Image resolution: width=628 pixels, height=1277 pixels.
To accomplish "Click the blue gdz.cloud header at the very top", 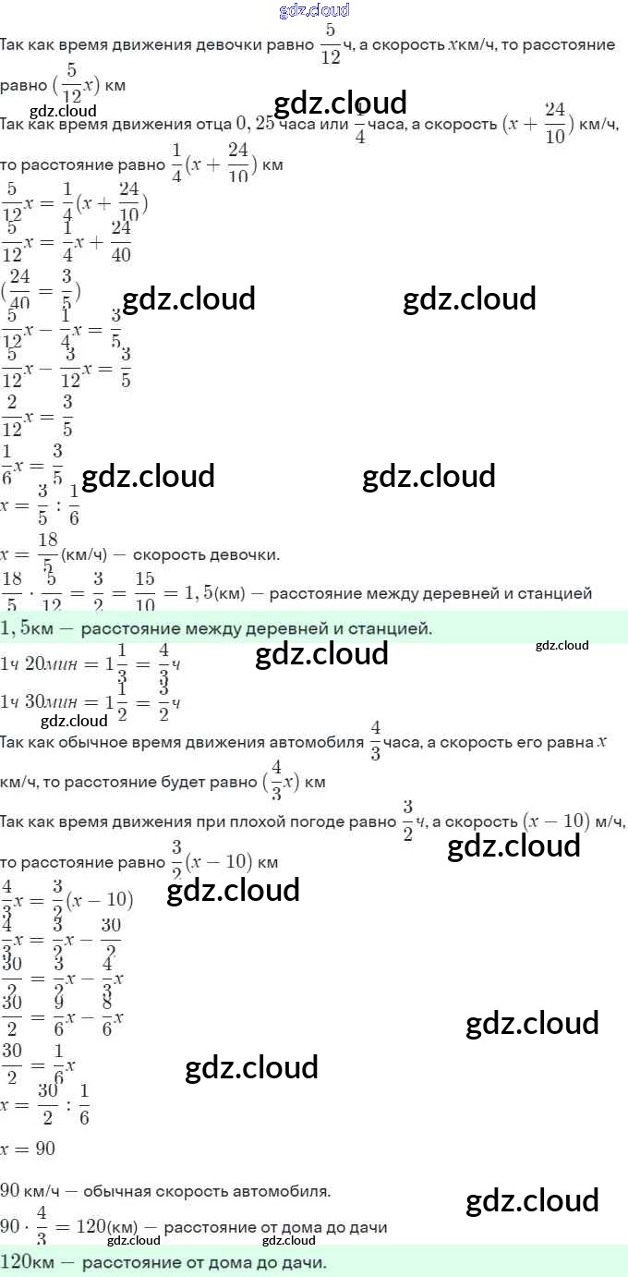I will click(x=314, y=10).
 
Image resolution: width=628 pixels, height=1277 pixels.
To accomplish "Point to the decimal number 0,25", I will click(x=257, y=124).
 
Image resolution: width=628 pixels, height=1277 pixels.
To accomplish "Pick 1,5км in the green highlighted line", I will click(x=25, y=629).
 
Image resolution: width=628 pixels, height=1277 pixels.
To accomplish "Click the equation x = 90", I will click(x=28, y=1149).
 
